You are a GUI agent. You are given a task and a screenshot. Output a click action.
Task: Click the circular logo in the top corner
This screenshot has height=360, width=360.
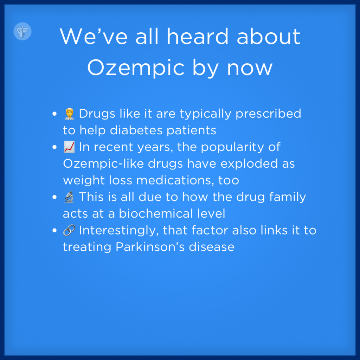coord(22,31)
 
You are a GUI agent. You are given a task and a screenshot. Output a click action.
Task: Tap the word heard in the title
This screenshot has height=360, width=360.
coord(198,36)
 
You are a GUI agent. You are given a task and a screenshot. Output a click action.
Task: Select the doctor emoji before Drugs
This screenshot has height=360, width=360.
coord(69,114)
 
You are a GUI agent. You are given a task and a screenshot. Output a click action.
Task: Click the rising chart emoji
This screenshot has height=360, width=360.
coord(69,147)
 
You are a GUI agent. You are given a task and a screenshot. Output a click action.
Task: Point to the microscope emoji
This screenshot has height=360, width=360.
coord(69,197)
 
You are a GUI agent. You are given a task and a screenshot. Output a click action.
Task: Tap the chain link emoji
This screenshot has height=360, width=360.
coord(69,230)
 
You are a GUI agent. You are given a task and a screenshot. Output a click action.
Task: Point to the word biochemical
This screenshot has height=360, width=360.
coord(156,213)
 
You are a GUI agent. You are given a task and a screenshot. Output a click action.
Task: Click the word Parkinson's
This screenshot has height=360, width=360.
coord(150,247)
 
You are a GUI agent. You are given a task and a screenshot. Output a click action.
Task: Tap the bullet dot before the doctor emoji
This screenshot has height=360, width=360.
coord(54,114)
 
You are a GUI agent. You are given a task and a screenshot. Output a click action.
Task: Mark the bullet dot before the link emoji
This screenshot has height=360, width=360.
coord(54,230)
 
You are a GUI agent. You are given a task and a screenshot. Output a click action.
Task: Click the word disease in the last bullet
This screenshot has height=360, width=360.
coord(211,247)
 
